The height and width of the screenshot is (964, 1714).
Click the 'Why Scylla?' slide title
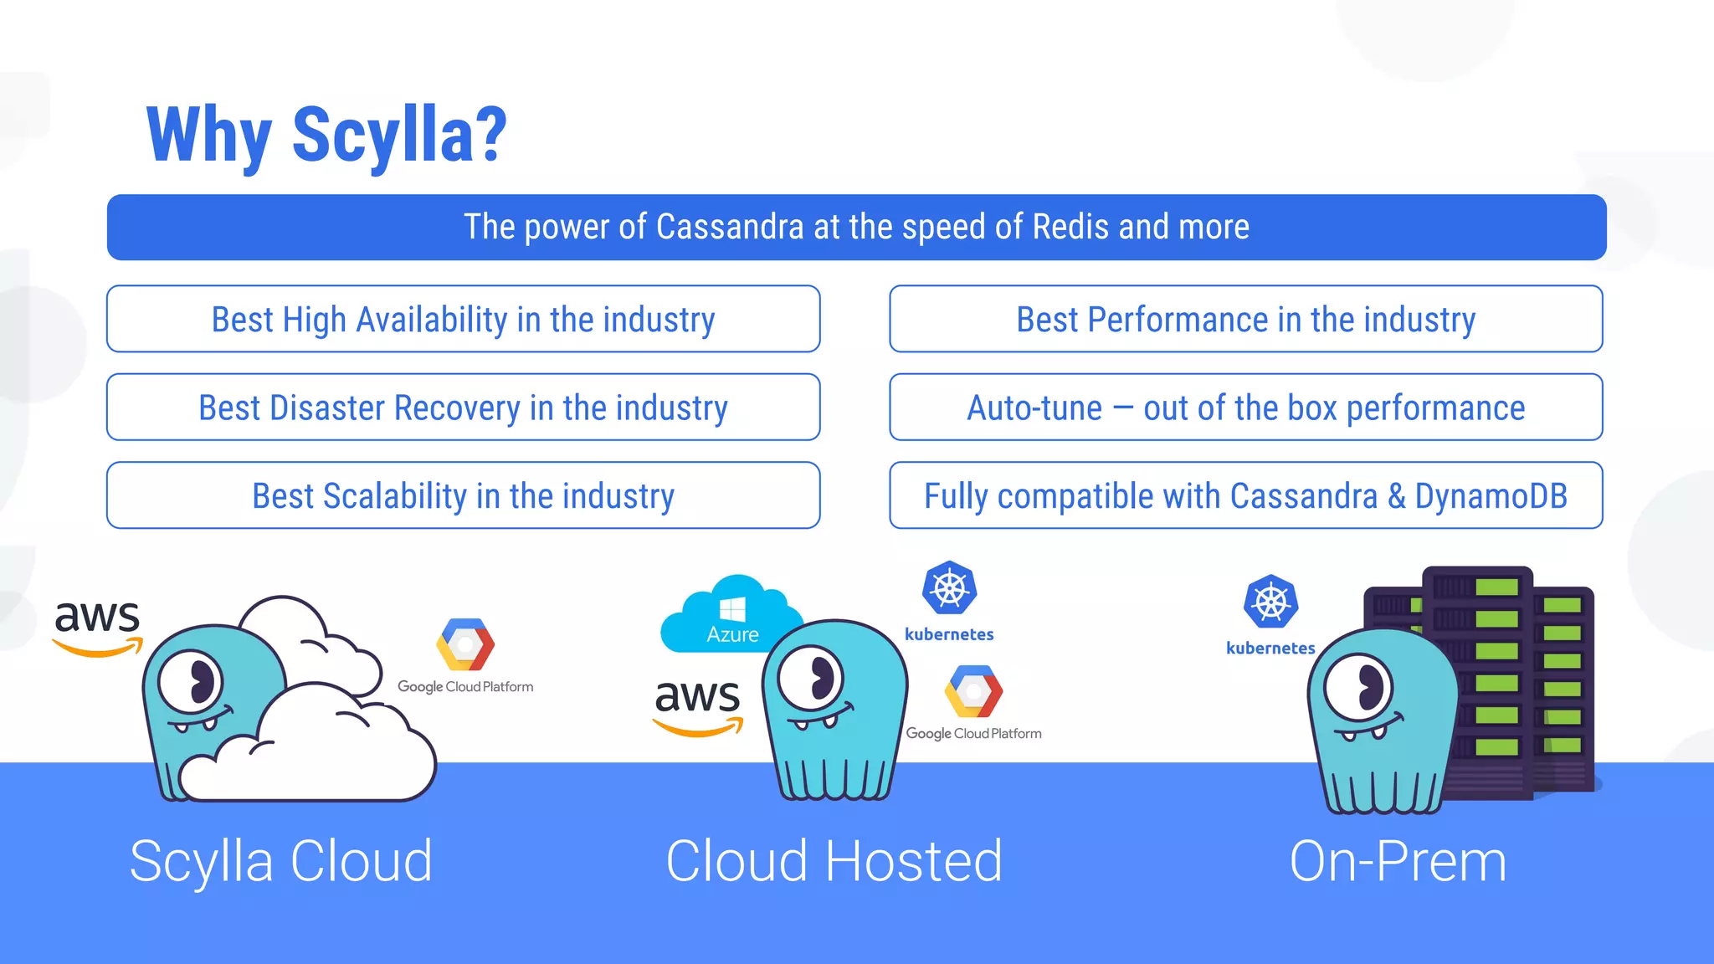click(x=326, y=136)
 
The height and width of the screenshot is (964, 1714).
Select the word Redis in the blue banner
click(x=1071, y=228)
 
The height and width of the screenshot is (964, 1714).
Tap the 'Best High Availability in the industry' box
click(x=463, y=320)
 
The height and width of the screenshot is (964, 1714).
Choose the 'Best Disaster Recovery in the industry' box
click(x=463, y=408)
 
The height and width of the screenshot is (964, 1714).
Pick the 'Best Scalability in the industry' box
click(x=463, y=496)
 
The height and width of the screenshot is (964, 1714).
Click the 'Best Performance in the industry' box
click(x=1245, y=320)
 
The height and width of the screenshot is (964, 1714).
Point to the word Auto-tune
click(x=1034, y=408)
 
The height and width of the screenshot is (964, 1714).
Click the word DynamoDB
click(x=1491, y=496)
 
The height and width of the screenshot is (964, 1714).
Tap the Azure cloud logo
click(x=731, y=615)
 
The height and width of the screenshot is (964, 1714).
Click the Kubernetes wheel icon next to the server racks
click(x=1270, y=602)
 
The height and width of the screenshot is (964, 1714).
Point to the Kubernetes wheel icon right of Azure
click(x=949, y=587)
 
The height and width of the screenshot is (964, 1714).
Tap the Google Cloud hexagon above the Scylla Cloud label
click(x=465, y=644)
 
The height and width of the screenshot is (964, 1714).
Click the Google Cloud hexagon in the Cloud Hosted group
click(x=973, y=691)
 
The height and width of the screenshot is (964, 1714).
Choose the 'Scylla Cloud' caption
click(x=281, y=861)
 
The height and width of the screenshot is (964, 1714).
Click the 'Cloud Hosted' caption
click(x=834, y=861)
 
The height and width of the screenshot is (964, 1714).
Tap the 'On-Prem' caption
click(x=1398, y=861)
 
